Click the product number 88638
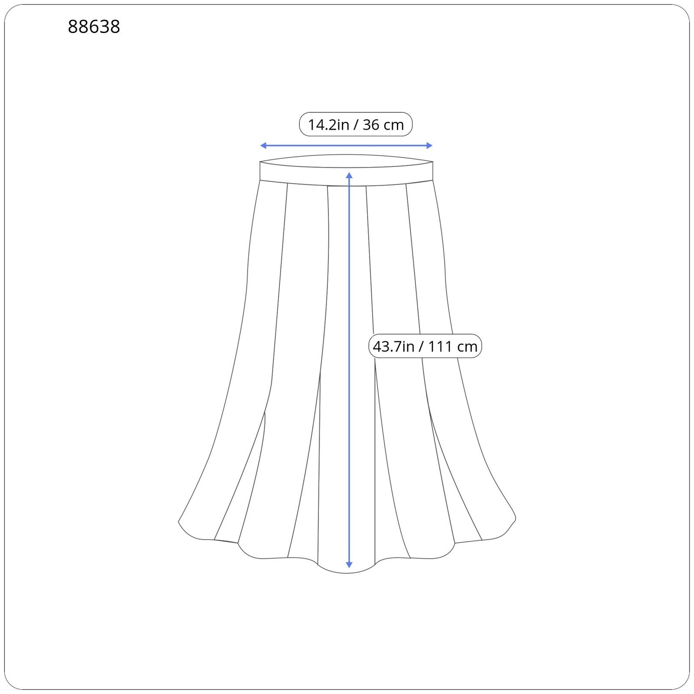click(94, 27)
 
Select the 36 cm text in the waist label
click(383, 125)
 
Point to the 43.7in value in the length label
click(393, 347)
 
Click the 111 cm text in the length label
click(453, 347)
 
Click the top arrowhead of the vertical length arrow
click(349, 175)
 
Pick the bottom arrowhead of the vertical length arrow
click(349, 565)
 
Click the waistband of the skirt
click(347, 170)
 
